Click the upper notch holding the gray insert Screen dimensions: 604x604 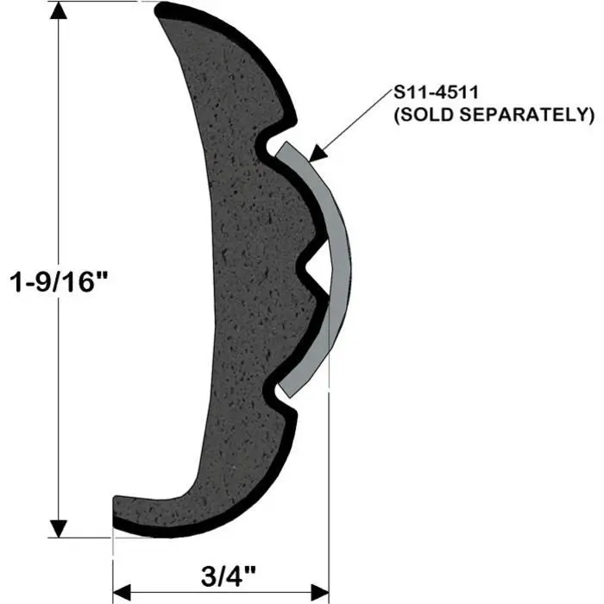[x=274, y=143]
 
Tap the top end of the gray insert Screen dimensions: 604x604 [x=283, y=148]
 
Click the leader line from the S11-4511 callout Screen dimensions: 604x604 [x=354, y=121]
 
